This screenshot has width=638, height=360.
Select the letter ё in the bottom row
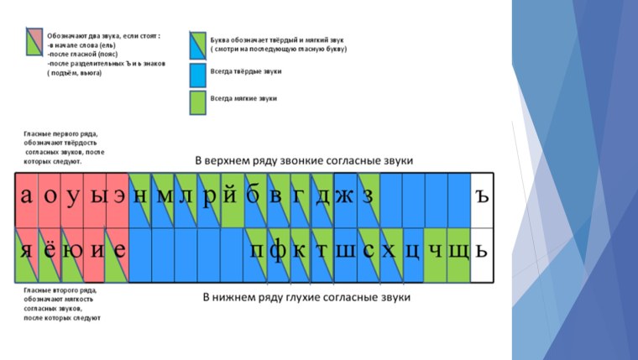click(50, 250)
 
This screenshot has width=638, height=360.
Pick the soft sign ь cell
click(481, 250)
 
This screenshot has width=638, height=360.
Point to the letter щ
click(458, 250)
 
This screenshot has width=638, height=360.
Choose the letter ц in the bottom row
click(412, 250)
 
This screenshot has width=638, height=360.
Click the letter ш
click(345, 250)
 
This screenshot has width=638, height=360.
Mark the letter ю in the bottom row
click(72, 250)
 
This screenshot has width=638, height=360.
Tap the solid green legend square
click(197, 102)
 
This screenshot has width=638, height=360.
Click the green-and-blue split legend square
click(197, 44)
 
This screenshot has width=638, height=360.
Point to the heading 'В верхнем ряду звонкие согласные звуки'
click(304, 160)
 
